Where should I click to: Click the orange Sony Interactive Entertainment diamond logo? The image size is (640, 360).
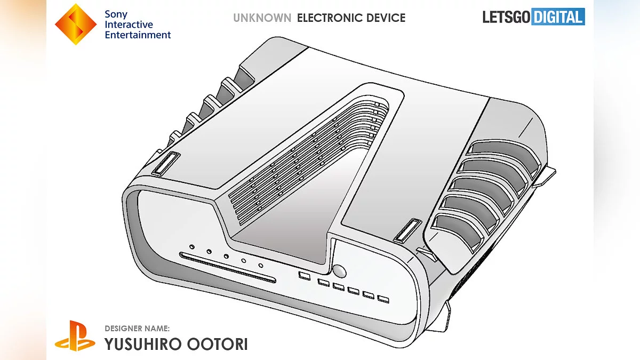[76, 24]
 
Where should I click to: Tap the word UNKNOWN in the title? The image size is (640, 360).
[262, 18]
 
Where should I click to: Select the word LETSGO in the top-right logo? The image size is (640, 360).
[506, 17]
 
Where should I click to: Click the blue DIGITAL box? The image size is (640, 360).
[558, 17]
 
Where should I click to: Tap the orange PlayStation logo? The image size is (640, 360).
[75, 335]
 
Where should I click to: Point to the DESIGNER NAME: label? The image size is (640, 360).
[137, 328]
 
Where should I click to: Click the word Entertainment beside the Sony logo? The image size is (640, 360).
[138, 35]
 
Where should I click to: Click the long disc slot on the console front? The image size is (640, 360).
[228, 268]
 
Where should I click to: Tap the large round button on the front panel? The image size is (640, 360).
[339, 270]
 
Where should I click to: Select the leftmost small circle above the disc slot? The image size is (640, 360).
[191, 247]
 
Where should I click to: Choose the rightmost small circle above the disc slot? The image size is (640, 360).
[261, 265]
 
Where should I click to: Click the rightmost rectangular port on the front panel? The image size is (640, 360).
[382, 299]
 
